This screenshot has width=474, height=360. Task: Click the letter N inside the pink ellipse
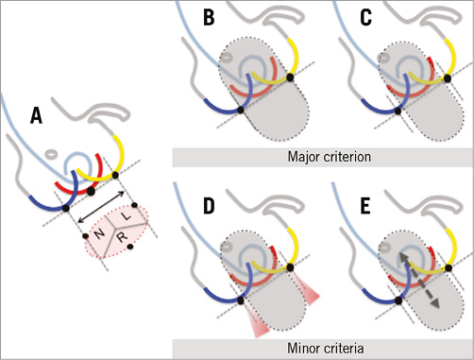(97, 232)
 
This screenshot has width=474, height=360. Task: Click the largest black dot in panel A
(92, 191)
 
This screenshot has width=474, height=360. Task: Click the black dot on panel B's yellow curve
(289, 77)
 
